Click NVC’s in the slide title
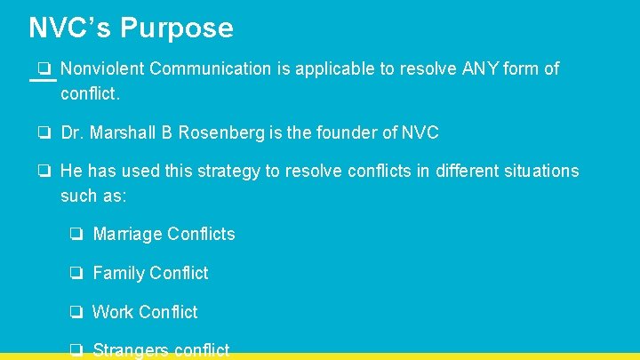[70, 28]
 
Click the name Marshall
[123, 133]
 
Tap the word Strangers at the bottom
[131, 350]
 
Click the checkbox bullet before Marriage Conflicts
[77, 235]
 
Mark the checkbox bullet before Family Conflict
[77, 273]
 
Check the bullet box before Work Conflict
[77, 312]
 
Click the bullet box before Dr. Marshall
[44, 133]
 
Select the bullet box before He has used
[44, 171]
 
